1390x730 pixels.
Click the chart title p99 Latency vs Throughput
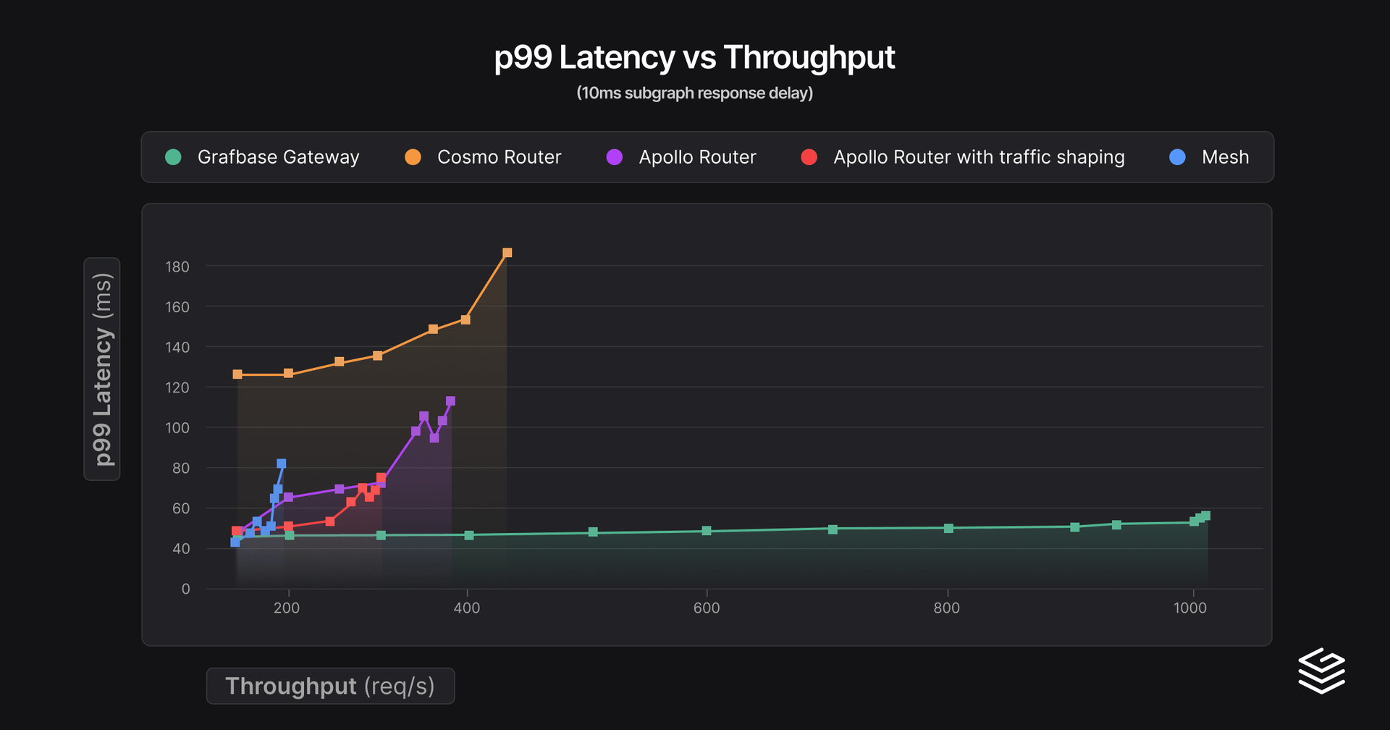694,57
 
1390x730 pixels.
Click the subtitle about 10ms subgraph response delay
694,93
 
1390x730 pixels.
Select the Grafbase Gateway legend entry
277,157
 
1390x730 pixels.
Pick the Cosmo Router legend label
499,157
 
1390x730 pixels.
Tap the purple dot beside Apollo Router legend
615,157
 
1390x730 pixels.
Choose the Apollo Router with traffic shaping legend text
979,157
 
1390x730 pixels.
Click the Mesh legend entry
1224,157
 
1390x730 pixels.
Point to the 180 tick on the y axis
177,267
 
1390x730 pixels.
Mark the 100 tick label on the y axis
177,428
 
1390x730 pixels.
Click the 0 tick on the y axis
186,590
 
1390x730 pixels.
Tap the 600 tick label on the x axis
707,608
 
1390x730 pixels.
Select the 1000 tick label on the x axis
1190,608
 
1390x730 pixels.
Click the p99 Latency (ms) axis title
102,369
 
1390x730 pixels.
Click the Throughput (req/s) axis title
330,686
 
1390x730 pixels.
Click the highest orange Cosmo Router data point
507,253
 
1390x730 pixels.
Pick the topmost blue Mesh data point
282,463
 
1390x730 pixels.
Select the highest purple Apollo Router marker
450,401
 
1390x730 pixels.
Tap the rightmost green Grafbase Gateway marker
1205,516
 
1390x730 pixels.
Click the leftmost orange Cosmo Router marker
237,374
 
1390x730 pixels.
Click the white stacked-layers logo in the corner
1321,671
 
